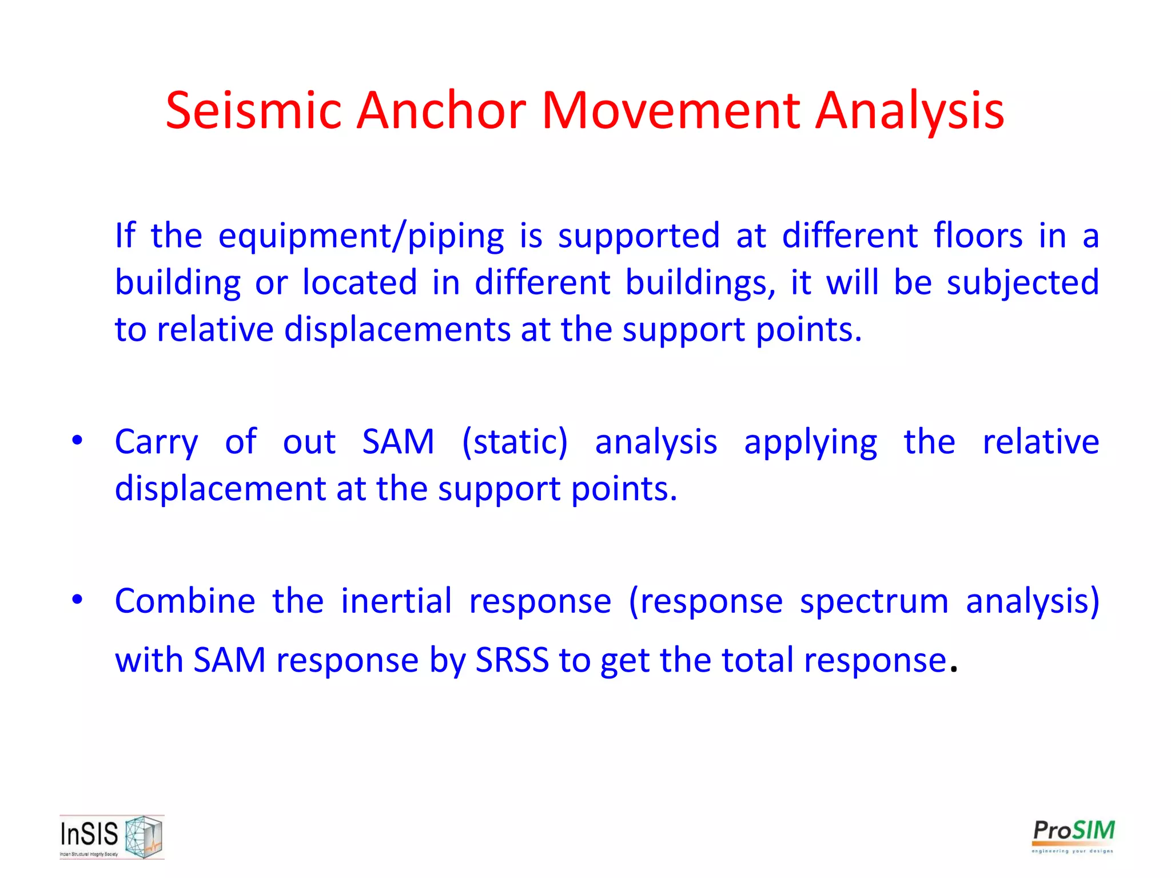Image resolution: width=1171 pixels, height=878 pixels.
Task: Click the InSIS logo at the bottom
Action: pos(111,837)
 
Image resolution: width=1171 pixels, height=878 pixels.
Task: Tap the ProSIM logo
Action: pos(1073,835)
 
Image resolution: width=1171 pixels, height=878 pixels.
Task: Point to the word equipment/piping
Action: pos(361,236)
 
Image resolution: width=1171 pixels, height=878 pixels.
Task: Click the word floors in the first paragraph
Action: pos(978,236)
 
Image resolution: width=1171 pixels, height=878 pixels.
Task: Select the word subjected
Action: pos(1023,283)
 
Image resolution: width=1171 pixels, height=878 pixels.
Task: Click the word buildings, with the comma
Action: pos(700,283)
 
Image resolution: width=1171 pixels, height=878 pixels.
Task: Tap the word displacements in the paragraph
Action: pos(397,330)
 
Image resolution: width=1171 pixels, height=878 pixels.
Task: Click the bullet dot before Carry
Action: pos(77,441)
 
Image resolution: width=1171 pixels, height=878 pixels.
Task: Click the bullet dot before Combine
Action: pos(77,600)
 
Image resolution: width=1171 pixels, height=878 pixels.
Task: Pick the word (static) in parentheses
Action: pos(515,442)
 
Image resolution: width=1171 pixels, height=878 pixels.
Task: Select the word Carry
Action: pos(156,443)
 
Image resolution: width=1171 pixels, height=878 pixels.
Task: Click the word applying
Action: pos(810,443)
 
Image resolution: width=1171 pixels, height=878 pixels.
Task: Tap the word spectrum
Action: pos(874,602)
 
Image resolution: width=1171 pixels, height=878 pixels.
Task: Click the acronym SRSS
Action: pos(512,660)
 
